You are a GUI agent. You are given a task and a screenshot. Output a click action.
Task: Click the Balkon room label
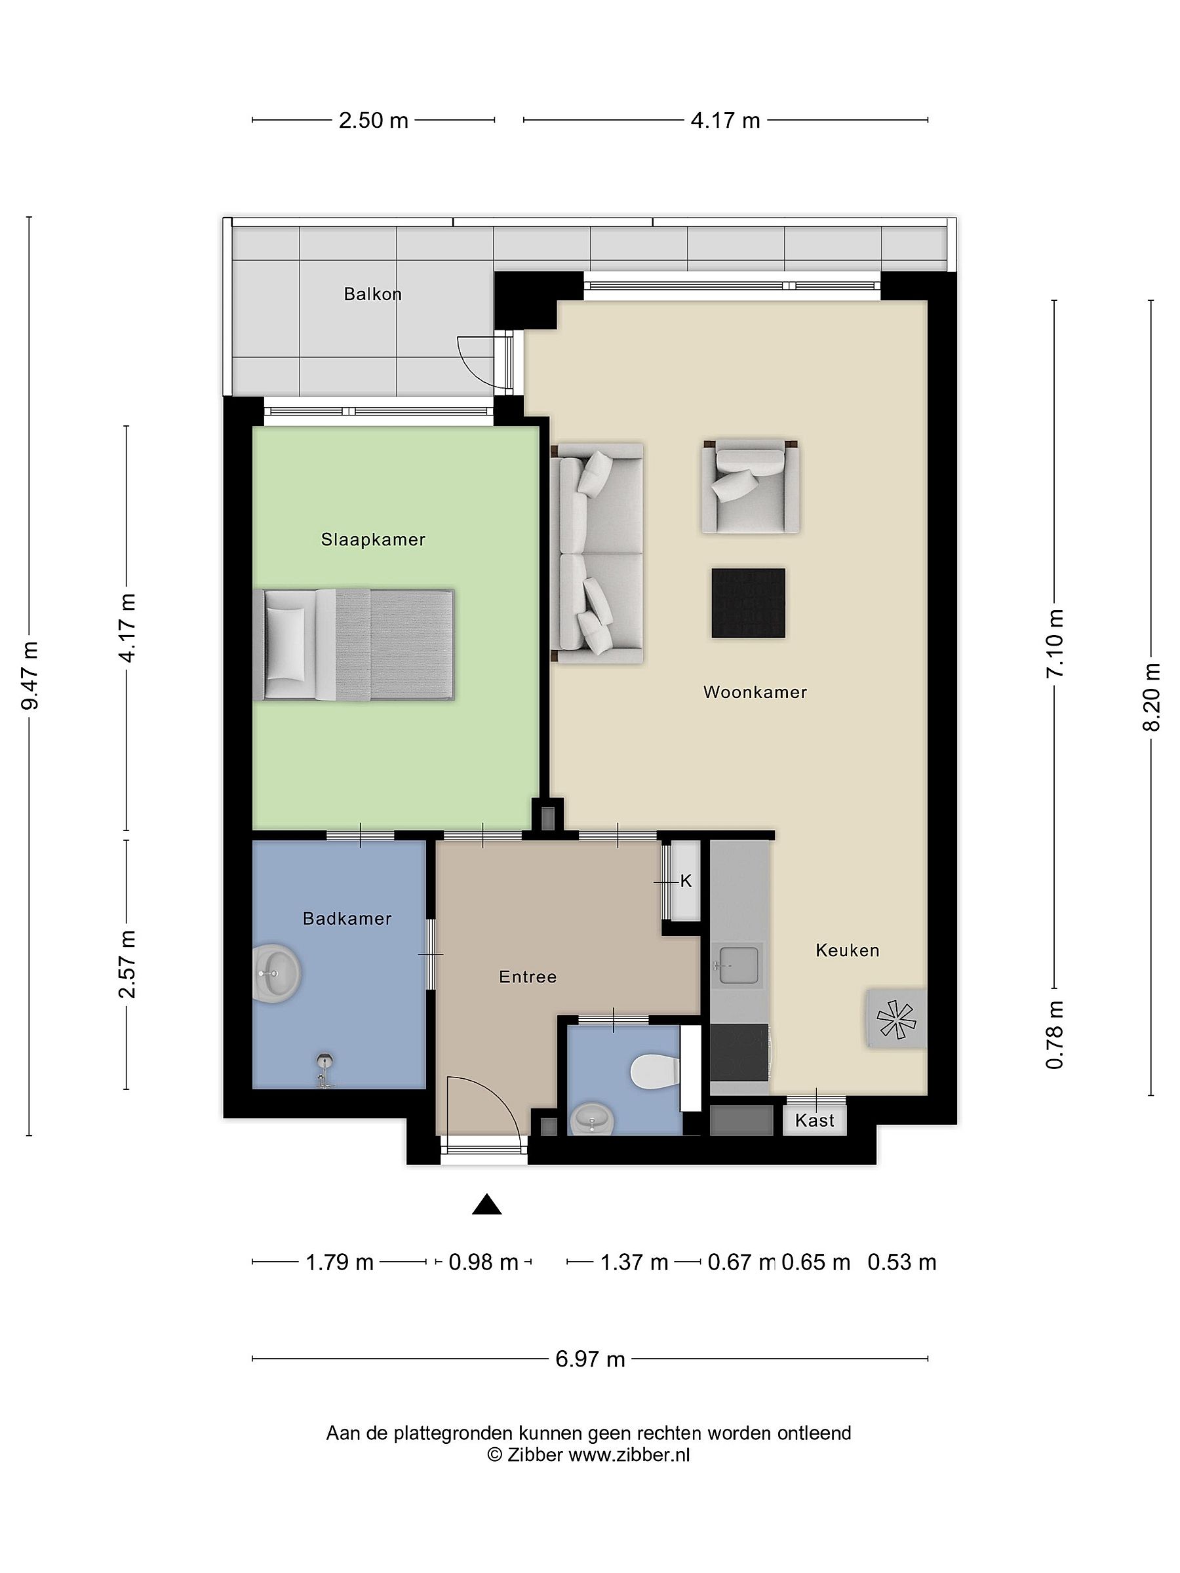[373, 294]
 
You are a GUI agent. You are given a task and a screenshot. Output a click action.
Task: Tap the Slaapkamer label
[373, 540]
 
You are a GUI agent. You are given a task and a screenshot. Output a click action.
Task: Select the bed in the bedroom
[354, 644]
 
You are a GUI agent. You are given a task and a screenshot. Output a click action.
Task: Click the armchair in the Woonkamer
[751, 486]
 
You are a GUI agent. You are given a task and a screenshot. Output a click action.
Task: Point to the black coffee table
[748, 602]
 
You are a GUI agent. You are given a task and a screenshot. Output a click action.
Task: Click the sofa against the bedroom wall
[597, 553]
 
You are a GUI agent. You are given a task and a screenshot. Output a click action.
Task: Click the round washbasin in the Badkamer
[278, 973]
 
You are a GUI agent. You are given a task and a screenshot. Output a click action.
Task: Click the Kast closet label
[814, 1121]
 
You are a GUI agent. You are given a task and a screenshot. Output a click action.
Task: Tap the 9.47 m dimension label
[30, 675]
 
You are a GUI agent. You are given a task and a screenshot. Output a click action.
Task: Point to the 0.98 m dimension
[484, 1262]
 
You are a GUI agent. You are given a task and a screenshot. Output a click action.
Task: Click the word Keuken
[847, 950]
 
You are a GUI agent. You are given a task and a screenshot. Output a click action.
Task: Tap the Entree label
[528, 977]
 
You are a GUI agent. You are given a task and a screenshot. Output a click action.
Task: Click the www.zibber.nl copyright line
[588, 1454]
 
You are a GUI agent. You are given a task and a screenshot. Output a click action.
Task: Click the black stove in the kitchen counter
[739, 1053]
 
